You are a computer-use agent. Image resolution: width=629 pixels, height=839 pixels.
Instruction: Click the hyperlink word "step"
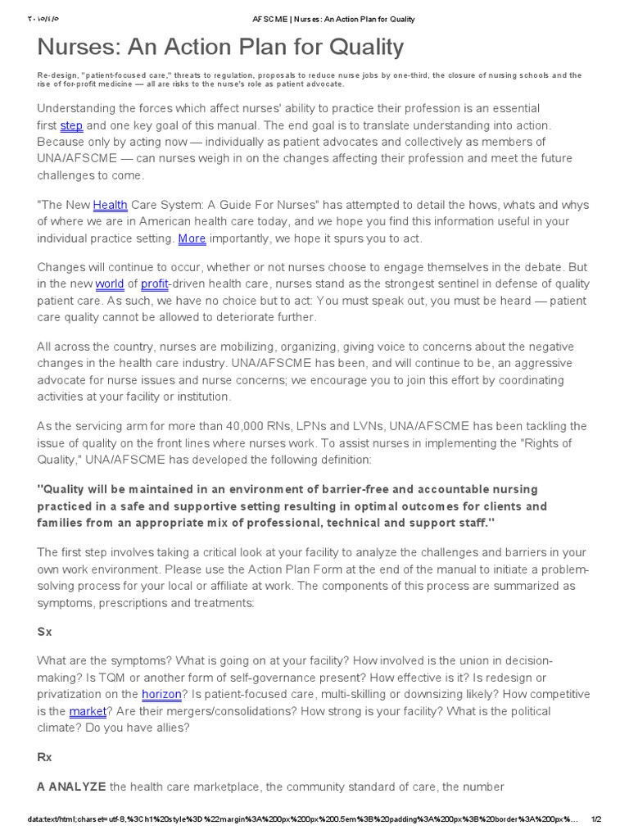pos(71,125)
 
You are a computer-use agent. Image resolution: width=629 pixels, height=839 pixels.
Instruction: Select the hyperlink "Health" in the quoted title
pos(110,205)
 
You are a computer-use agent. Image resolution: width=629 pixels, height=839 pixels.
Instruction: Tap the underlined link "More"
pos(192,238)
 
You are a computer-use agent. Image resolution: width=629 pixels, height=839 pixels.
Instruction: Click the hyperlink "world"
pos(109,284)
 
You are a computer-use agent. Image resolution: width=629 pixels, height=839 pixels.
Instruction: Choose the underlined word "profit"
pos(155,284)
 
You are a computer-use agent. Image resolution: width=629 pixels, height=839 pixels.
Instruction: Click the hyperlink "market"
pos(88,710)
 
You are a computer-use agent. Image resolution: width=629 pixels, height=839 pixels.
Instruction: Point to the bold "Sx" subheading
pos(44,633)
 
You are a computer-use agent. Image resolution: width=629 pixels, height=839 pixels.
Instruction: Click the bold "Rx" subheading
pos(44,758)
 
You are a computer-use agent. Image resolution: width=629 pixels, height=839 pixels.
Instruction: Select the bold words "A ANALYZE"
pos(71,787)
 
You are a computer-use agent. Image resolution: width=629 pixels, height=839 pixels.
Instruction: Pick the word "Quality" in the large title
pos(361,48)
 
